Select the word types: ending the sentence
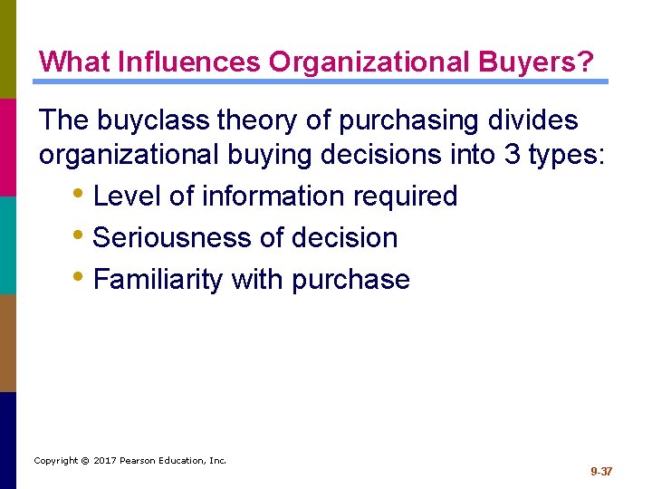[x=567, y=155]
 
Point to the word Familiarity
[x=158, y=279]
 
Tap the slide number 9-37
[x=601, y=472]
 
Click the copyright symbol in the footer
[x=84, y=461]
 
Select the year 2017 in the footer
[x=105, y=461]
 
